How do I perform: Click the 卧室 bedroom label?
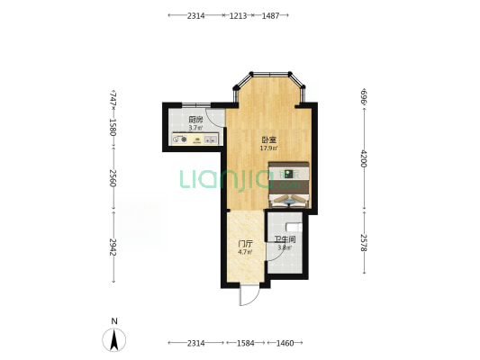click(268, 140)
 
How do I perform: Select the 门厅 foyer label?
click(246, 244)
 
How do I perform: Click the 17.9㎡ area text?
click(268, 148)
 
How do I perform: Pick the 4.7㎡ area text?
click(245, 252)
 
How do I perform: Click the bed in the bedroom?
click(289, 184)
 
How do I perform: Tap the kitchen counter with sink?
click(195, 139)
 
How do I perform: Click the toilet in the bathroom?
click(294, 228)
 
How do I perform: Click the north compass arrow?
click(114, 339)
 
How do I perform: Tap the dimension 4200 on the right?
click(364, 158)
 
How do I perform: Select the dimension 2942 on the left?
click(113, 247)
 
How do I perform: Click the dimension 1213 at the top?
click(238, 15)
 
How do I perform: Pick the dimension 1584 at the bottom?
click(246, 343)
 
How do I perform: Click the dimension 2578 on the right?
click(364, 243)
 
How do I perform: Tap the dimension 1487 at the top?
click(270, 15)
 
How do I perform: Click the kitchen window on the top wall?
click(196, 105)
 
